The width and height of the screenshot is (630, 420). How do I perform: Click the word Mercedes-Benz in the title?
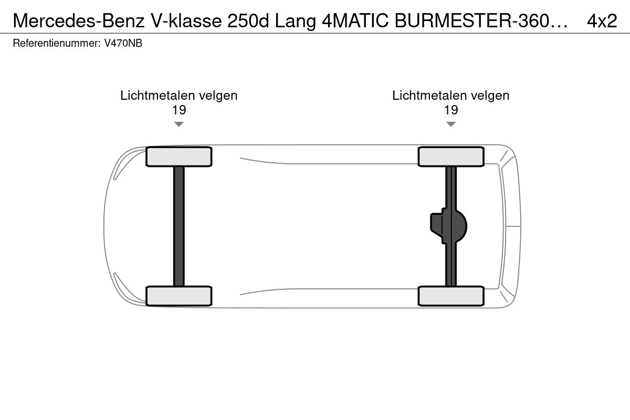79,20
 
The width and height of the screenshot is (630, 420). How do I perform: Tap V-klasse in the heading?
187,20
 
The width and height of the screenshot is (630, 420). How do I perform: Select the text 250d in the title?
248,20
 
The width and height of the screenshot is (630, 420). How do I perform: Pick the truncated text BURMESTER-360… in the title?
481,20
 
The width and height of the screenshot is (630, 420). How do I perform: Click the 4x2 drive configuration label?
602,20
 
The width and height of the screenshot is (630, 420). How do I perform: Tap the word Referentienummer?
57,43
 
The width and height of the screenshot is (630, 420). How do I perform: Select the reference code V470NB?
123,43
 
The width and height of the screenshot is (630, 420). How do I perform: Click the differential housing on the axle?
448,226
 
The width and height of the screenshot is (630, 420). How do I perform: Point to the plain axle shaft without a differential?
179,226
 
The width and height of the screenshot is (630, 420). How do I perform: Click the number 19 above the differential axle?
451,110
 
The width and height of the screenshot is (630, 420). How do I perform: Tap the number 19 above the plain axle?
179,110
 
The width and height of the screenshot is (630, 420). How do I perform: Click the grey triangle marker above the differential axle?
451,124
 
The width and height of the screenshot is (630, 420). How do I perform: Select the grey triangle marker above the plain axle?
179,124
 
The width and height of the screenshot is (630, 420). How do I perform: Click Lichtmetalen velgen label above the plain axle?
179,96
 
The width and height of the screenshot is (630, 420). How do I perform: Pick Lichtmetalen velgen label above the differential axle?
451,96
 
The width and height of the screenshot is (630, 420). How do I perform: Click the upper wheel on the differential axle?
451,156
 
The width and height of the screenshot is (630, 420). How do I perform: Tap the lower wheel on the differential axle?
451,296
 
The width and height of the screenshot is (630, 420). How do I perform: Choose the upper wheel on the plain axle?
179,156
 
